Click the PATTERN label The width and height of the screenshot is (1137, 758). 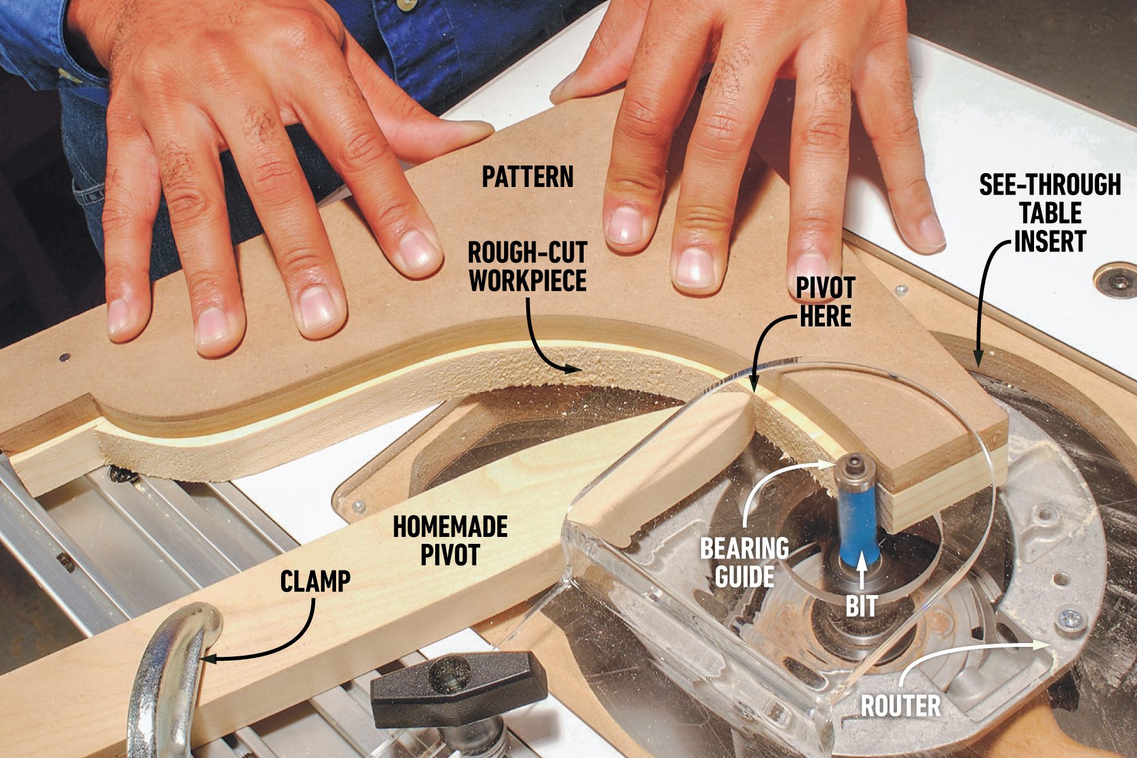(x=527, y=177)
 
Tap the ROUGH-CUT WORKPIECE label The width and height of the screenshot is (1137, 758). (x=527, y=267)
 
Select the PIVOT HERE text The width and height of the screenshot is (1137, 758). (x=825, y=302)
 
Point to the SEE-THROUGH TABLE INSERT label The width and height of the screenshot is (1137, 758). (x=1050, y=214)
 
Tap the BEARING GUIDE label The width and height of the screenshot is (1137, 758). (x=744, y=562)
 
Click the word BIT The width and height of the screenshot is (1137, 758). (x=862, y=606)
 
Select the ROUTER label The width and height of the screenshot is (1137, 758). (x=900, y=706)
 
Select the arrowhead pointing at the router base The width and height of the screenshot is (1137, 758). (x=1039, y=644)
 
